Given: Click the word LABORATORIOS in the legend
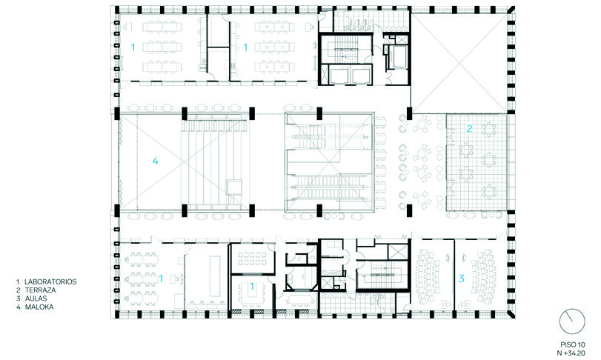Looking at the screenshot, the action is [x=50, y=281].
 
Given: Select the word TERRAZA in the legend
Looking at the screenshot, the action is [x=41, y=290].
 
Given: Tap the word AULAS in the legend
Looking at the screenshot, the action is [x=36, y=299].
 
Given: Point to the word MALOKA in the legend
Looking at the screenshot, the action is [x=39, y=307].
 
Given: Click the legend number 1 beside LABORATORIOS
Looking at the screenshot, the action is [x=18, y=281].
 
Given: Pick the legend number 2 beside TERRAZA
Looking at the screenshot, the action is [x=18, y=290].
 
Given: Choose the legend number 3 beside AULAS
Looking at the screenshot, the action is [x=18, y=299].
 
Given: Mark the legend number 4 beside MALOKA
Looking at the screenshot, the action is [x=18, y=307].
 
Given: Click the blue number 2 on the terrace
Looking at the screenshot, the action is [x=469, y=129].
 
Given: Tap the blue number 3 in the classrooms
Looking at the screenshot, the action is [x=462, y=279].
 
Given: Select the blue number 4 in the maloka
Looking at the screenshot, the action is [x=155, y=161].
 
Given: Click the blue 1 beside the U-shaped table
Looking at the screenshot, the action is [x=252, y=286].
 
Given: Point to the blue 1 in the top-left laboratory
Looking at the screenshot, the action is [x=133, y=47].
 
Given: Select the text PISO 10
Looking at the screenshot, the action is [x=571, y=344].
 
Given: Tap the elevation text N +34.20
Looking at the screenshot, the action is [x=571, y=353].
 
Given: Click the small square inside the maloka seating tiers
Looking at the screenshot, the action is [x=235, y=187].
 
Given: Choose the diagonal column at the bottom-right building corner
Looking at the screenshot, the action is [x=511, y=314].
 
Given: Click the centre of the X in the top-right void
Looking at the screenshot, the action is [x=459, y=63].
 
